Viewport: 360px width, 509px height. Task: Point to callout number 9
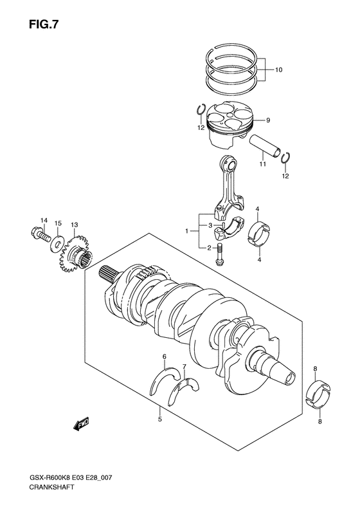[268, 120]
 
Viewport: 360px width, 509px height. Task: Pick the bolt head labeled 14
[37, 234]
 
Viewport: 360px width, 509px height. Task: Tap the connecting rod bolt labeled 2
[221, 255]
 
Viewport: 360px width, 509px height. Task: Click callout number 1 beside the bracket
[187, 230]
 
